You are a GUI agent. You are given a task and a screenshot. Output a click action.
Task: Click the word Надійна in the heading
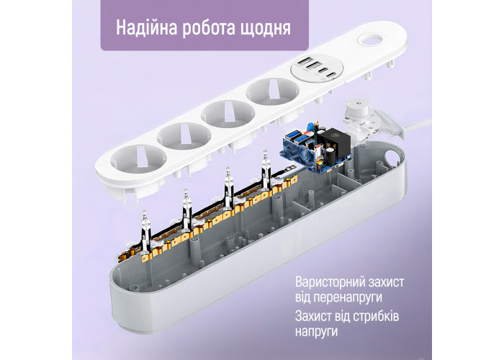click(x=146, y=27)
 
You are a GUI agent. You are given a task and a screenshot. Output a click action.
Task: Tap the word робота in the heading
click(x=210, y=28)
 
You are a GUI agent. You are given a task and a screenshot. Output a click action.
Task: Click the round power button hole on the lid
click(x=372, y=41)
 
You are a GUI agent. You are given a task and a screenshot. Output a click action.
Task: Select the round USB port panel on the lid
click(x=318, y=68)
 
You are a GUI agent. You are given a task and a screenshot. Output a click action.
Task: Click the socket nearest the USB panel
click(x=272, y=91)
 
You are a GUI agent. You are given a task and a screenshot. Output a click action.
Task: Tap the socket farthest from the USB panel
click(x=138, y=159)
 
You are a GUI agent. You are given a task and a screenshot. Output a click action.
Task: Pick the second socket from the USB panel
click(x=228, y=114)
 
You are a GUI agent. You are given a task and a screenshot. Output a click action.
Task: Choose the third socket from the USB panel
click(x=184, y=136)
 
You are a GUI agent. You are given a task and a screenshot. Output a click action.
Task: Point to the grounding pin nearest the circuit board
click(x=265, y=171)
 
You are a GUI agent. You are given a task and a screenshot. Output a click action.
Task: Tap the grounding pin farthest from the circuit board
click(x=145, y=231)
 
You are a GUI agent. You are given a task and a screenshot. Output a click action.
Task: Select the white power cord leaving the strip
click(x=416, y=125)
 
